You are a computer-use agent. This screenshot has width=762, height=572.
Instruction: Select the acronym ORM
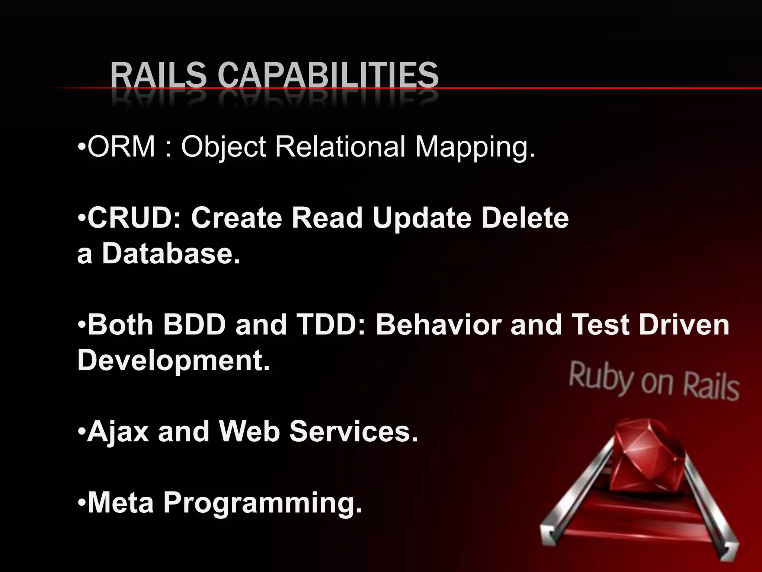[121, 146]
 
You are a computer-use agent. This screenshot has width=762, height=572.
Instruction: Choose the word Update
[422, 219]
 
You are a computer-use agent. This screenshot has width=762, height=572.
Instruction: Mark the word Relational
[340, 146]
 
